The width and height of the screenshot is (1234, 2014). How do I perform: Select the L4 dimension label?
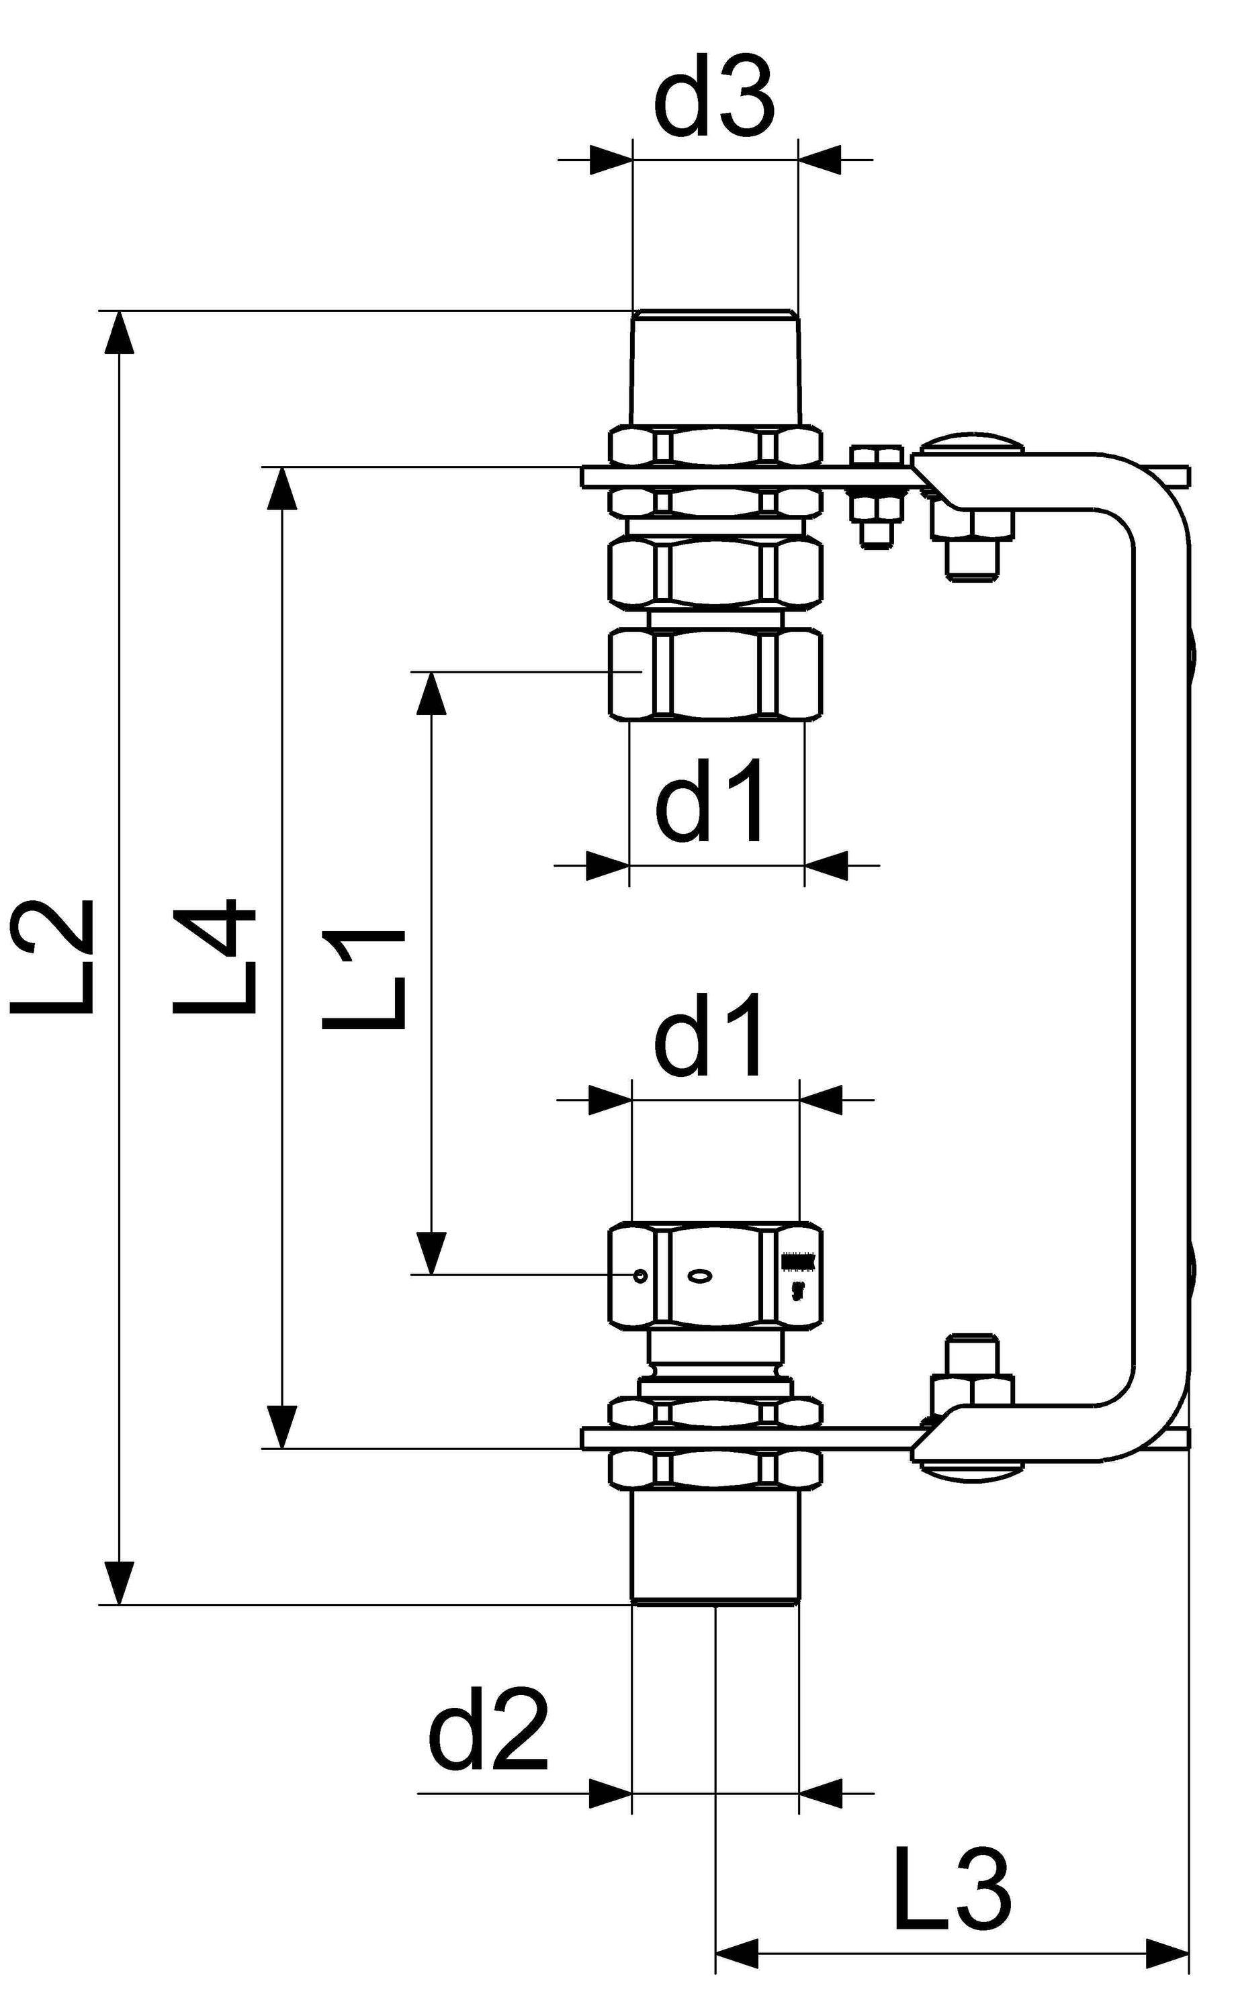(x=214, y=957)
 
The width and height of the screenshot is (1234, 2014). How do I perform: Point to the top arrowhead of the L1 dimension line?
(x=432, y=692)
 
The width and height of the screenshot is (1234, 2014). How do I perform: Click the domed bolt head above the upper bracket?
(x=971, y=444)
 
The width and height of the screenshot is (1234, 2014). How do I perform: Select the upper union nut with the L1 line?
(x=715, y=674)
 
